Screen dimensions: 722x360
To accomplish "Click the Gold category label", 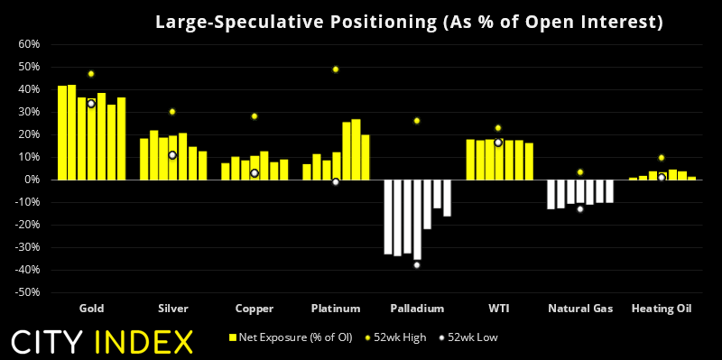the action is (x=91, y=309).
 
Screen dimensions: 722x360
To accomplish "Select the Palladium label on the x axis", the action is (x=417, y=309).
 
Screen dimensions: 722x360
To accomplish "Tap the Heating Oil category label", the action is (x=662, y=309).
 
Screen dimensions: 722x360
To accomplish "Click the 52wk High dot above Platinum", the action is (x=336, y=69).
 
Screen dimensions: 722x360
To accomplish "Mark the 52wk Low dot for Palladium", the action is (x=417, y=264).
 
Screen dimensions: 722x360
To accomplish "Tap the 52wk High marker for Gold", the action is (x=91, y=74).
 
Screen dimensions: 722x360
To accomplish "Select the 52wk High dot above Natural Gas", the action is (x=580, y=172).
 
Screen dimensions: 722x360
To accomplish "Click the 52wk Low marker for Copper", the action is (x=255, y=173).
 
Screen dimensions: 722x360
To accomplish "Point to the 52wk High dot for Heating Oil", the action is (x=662, y=158).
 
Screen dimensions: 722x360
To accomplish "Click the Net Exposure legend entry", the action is (x=290, y=337).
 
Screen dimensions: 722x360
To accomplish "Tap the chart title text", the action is (x=409, y=22).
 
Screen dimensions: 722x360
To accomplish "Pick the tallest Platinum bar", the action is (x=356, y=150).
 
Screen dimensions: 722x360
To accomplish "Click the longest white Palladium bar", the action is (x=417, y=220).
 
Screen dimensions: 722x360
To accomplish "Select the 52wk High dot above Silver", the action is (x=172, y=112).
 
